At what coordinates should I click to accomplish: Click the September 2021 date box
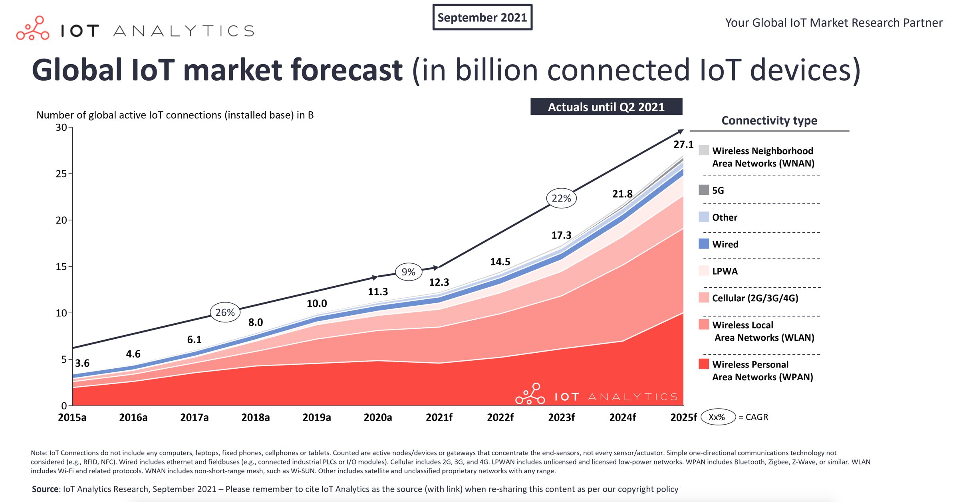pyautogui.click(x=482, y=18)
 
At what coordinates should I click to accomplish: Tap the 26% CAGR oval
pyautogui.click(x=225, y=312)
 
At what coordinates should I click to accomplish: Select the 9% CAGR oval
pyautogui.click(x=408, y=272)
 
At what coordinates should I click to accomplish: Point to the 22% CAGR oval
pyautogui.click(x=561, y=198)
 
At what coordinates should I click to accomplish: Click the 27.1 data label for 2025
pyautogui.click(x=683, y=144)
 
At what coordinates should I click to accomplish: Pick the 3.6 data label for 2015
pyautogui.click(x=82, y=363)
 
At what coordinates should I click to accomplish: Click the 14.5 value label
pyautogui.click(x=500, y=262)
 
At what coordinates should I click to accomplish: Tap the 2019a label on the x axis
pyautogui.click(x=316, y=417)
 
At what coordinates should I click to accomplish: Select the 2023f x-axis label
pyautogui.click(x=561, y=417)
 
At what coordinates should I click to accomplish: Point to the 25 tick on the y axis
pyautogui.click(x=61, y=174)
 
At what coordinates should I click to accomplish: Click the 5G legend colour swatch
pyautogui.click(x=704, y=190)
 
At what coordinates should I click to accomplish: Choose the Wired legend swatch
pyautogui.click(x=704, y=244)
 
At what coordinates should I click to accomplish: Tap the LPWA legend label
pyautogui.click(x=725, y=271)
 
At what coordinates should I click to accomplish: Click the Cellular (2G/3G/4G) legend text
pyautogui.click(x=755, y=298)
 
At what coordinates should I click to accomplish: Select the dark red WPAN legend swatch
pyautogui.click(x=704, y=364)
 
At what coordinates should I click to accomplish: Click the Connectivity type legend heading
pyautogui.click(x=769, y=121)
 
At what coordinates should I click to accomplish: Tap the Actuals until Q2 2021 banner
pyautogui.click(x=606, y=107)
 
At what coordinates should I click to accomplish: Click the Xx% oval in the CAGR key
pyautogui.click(x=717, y=417)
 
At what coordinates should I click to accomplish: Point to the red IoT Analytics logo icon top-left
pyautogui.click(x=33, y=28)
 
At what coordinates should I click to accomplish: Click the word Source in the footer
pyautogui.click(x=45, y=489)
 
